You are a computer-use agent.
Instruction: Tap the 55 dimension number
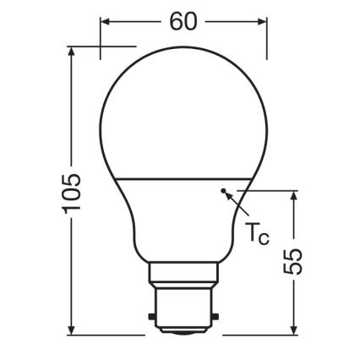292,266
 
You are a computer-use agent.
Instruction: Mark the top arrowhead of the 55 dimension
292,194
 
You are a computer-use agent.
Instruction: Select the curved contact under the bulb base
184,333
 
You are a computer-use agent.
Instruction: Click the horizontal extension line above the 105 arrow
101,44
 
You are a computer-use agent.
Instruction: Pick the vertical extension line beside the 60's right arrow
268,38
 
